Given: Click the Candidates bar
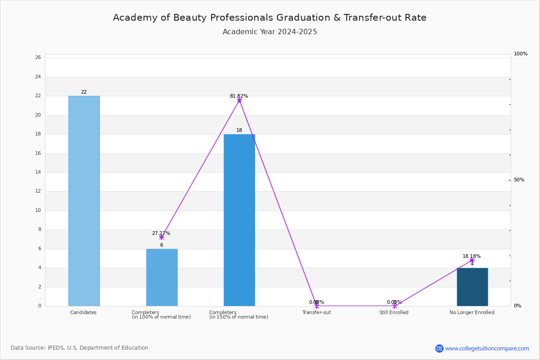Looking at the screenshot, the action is click(84, 201).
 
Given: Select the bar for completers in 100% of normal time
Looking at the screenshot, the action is click(162, 278).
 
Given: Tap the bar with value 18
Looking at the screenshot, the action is click(239, 220).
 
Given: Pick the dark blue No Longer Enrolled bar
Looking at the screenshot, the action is click(472, 287).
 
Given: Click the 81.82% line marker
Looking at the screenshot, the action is click(239, 100).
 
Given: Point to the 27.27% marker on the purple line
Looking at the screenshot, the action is click(162, 238).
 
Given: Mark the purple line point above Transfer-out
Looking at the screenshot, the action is click(317, 306).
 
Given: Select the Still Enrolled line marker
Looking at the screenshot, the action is click(395, 306).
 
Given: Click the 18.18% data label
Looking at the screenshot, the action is click(472, 256).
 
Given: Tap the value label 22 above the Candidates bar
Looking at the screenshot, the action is click(84, 92).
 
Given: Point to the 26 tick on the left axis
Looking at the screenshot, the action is click(38, 58).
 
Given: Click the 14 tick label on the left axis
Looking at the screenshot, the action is click(38, 172).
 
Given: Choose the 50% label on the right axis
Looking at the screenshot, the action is click(519, 180).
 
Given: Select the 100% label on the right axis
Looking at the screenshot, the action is click(521, 54).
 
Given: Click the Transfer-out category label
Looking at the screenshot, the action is click(316, 312).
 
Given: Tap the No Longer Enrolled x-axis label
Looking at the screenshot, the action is click(472, 312).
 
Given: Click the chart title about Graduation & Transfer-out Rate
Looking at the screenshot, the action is click(270, 18).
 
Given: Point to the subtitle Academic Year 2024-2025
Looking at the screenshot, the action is click(270, 32).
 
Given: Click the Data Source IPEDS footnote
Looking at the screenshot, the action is click(80, 348).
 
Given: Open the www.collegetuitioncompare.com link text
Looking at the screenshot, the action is click(487, 348).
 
